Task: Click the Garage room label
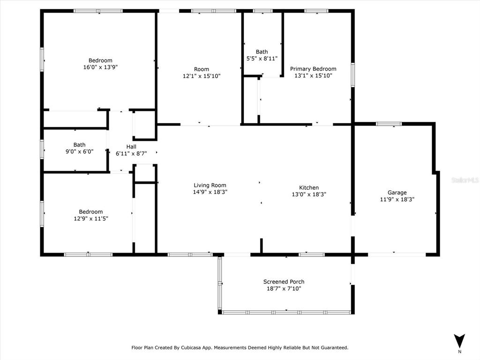[397, 193]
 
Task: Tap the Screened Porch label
[284, 282]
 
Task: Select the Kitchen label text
[309, 187]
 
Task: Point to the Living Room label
[210, 185]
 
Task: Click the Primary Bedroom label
[313, 69]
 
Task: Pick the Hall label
[131, 147]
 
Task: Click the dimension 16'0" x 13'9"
[100, 67]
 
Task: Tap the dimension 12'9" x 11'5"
[91, 218]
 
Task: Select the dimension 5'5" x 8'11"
[262, 59]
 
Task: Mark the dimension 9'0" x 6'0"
[80, 151]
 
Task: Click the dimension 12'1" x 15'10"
[202, 76]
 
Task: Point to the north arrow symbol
[459, 341]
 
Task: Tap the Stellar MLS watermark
[465, 180]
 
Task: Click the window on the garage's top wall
[389, 124]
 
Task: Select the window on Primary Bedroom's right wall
[352, 75]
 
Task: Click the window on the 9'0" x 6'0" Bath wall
[42, 150]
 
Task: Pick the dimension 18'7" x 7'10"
[284, 289]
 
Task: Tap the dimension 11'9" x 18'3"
[397, 200]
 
